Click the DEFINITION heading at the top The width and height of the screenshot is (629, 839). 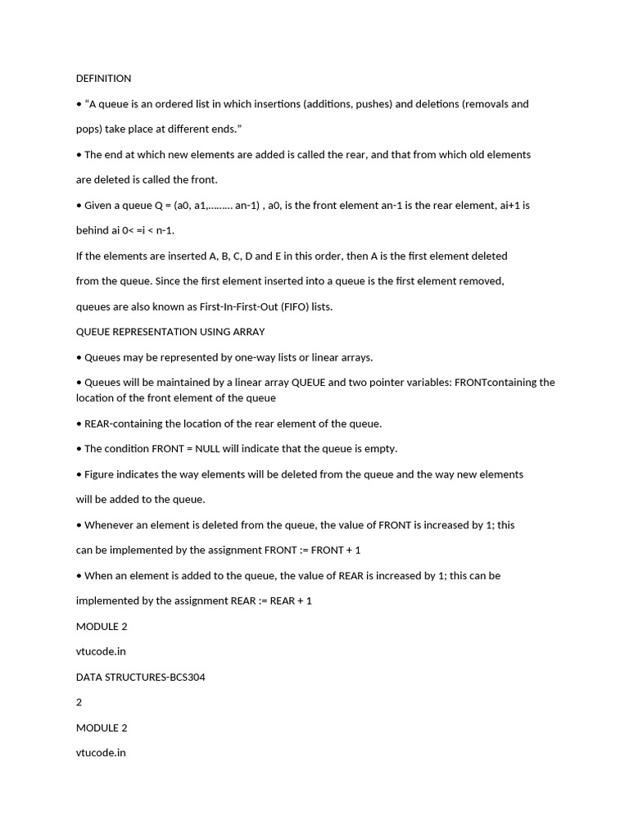pyautogui.click(x=103, y=79)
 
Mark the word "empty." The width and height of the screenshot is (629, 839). pyautogui.click(x=378, y=449)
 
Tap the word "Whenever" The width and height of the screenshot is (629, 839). pyautogui.click(x=111, y=525)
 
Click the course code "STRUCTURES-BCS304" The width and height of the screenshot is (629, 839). pyautogui.click(x=156, y=677)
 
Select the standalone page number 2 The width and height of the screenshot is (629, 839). pyautogui.click(x=79, y=702)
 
